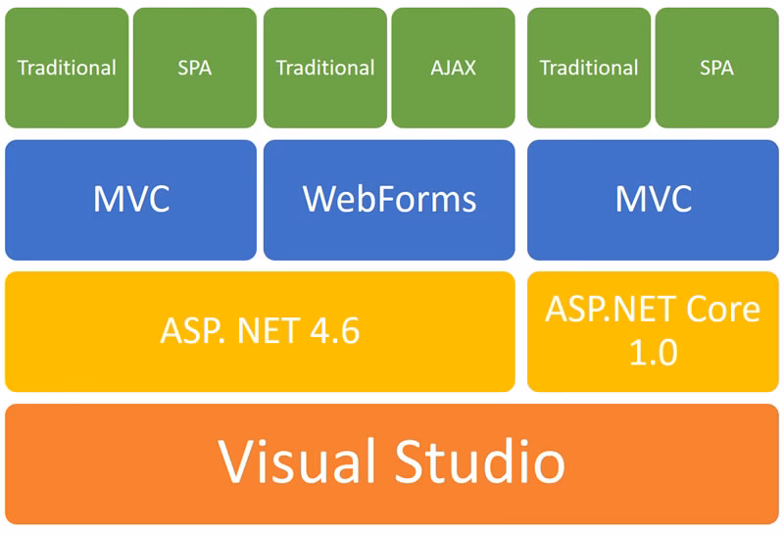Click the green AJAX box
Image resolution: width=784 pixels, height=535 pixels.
pos(453,68)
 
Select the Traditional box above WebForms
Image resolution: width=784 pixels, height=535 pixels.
pos(325,68)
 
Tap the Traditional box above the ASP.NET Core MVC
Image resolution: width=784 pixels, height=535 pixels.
pos(589,68)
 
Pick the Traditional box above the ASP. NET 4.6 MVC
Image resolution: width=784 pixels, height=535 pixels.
pos(67,68)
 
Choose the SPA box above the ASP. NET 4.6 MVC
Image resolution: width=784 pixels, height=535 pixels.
pos(194,68)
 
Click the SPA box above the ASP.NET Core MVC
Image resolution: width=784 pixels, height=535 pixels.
pos(716,68)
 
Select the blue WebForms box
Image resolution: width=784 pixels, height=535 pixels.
pos(389,199)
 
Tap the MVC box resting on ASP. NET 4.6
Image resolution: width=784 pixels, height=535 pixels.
pos(130,199)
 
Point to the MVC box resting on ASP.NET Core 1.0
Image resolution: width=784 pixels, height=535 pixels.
pos(653,199)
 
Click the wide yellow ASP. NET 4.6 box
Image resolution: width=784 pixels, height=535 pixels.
pos(260,331)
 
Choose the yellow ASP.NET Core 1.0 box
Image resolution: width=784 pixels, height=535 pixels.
pos(653,331)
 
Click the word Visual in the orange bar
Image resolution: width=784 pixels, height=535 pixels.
pos(294,462)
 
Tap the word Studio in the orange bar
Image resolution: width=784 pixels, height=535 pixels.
pos(480,462)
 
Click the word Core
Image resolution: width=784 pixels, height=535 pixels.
pos(720,310)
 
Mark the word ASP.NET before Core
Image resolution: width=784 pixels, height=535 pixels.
pos(609,310)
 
